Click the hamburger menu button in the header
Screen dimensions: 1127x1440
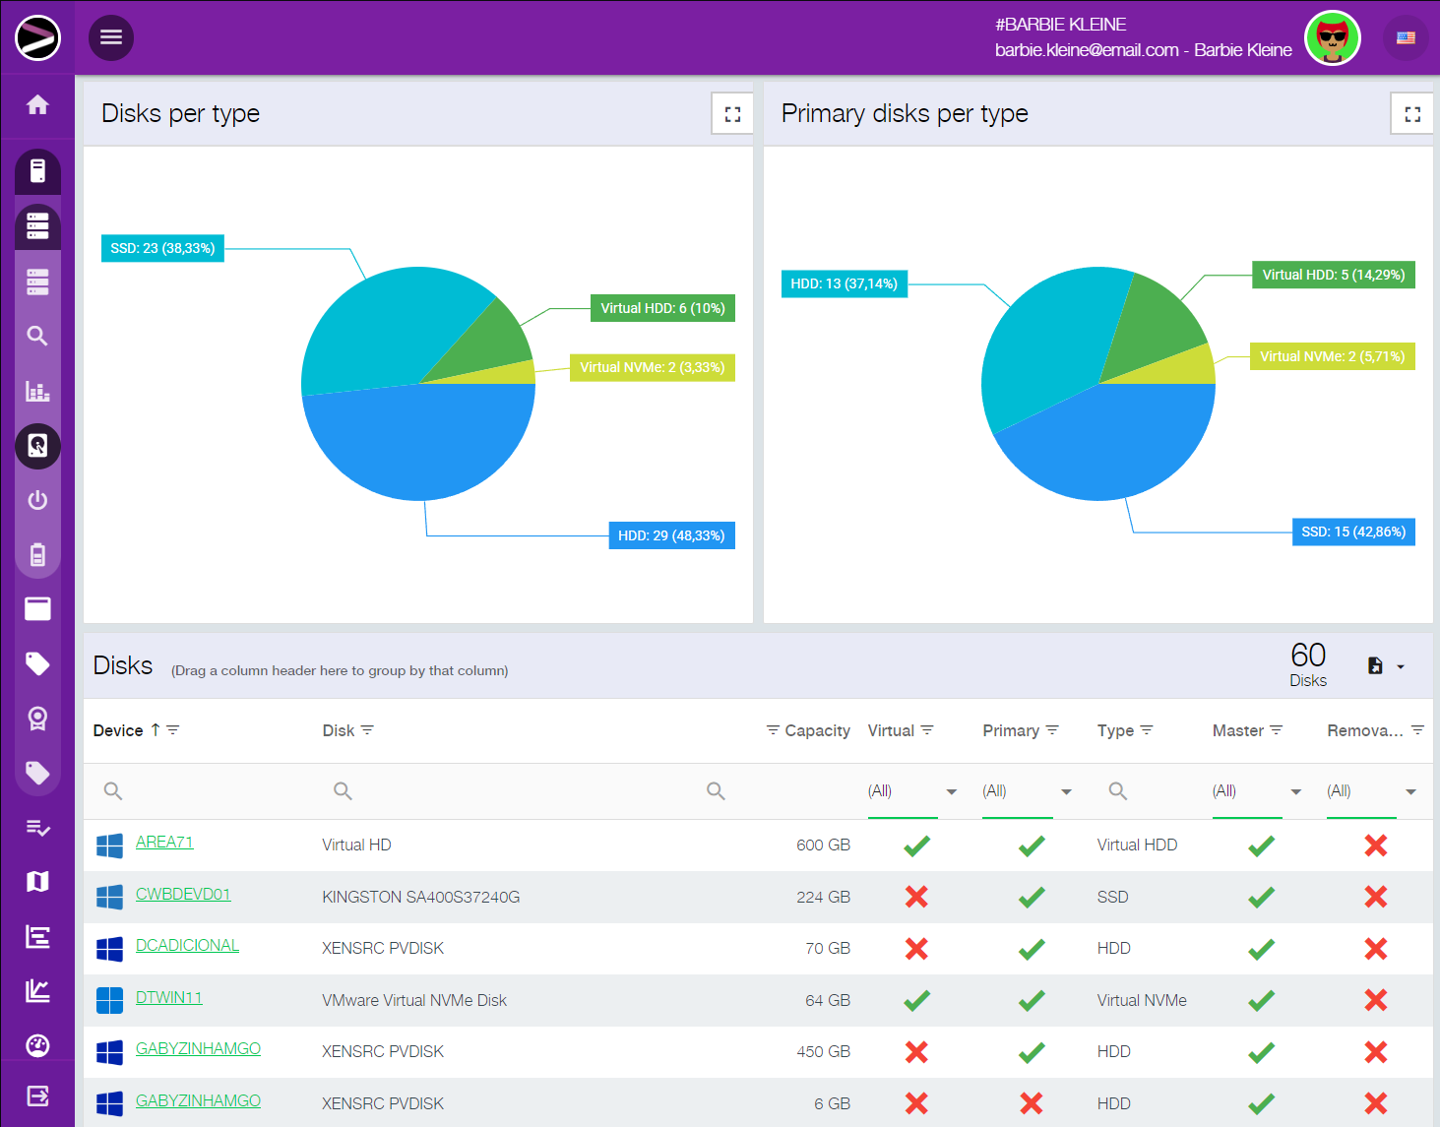pos(111,37)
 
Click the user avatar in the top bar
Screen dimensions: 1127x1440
pos(1332,38)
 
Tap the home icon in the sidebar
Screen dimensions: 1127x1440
pos(37,104)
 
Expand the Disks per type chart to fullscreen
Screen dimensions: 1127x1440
pos(732,114)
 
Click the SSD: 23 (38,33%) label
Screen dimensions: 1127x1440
pos(162,248)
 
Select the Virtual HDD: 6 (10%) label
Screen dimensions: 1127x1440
pos(662,308)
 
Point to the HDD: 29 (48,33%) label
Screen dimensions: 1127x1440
pos(671,535)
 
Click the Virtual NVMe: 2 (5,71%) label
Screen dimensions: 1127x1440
pos(1332,356)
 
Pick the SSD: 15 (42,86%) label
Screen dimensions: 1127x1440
pos(1352,532)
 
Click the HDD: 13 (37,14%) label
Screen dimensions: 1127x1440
pos(844,283)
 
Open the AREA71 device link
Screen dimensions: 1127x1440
pos(164,843)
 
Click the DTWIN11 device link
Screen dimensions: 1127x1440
pos(168,998)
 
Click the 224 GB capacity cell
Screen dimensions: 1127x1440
pos(823,897)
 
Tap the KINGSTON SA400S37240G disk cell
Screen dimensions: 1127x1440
pos(420,897)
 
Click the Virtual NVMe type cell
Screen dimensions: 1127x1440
pos(1142,1000)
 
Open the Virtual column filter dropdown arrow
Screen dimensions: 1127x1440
pos(951,791)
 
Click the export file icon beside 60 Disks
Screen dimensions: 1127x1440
pos(1376,666)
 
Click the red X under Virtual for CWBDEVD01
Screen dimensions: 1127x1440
pos(916,897)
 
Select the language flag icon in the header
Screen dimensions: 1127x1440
pos(1406,38)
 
